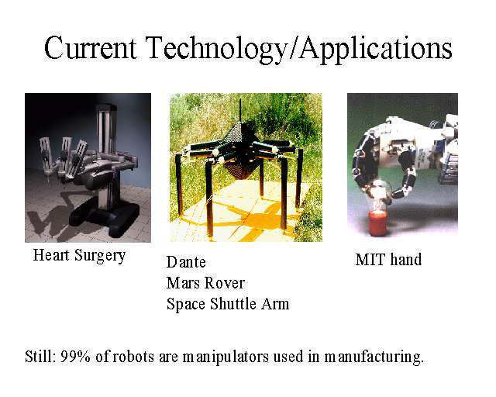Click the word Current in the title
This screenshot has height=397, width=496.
[90, 48]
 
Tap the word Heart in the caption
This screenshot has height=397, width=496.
[51, 255]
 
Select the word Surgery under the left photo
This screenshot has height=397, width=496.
[100, 257]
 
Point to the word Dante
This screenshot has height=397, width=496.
[186, 262]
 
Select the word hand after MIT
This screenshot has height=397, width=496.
[405, 259]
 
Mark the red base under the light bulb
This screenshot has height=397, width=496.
[378, 223]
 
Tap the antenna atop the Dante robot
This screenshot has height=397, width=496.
[240, 110]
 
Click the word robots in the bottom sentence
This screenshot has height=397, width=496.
[133, 357]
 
